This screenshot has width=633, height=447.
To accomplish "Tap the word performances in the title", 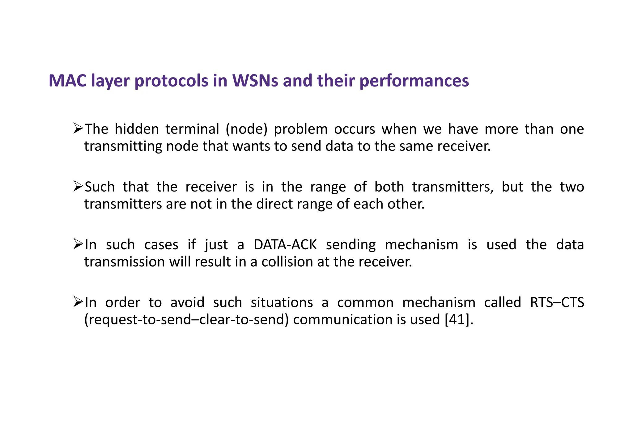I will tap(414, 81).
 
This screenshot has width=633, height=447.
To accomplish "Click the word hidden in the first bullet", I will tap(137, 129).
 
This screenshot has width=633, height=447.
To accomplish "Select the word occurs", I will tap(355, 129).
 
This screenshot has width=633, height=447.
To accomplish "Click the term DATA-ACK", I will tap(285, 245).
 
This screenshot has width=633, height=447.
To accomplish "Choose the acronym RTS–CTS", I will tap(557, 302).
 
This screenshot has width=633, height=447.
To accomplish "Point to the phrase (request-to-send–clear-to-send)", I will tap(186, 320).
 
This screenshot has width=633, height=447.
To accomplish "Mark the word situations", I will tap(282, 302).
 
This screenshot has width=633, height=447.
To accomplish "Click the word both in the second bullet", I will tap(389, 187).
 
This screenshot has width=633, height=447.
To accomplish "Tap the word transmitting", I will tap(123, 146).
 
